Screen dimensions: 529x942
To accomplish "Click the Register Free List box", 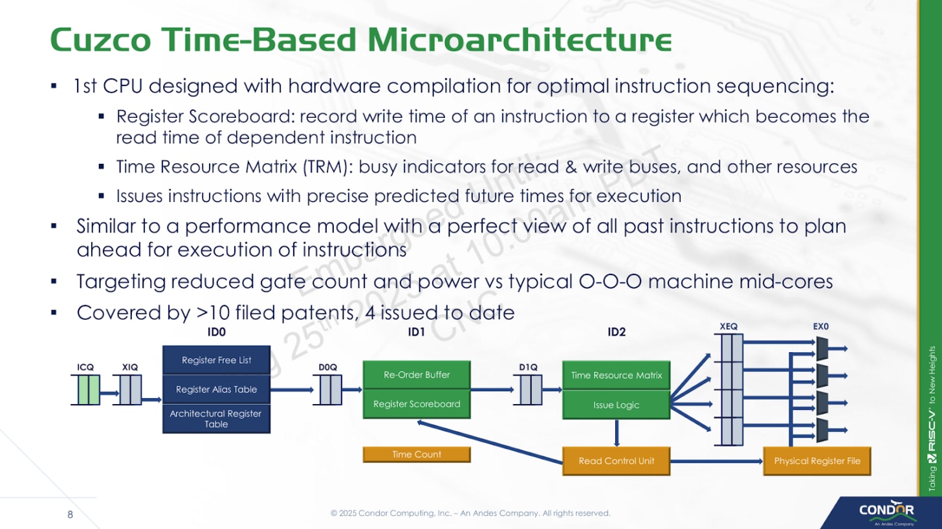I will [x=216, y=360].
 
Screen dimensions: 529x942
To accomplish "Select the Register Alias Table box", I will [x=216, y=389].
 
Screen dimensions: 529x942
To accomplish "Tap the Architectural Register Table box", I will [x=216, y=419].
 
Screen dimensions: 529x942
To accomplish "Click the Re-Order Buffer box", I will [x=417, y=375].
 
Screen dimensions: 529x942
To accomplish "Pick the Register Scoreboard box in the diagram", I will [x=417, y=404].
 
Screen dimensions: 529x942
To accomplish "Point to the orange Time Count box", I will [x=417, y=455].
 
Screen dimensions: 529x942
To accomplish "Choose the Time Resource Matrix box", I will [x=617, y=375].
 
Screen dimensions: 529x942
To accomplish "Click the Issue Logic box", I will [x=617, y=405].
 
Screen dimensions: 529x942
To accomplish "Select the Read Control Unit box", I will [x=617, y=461].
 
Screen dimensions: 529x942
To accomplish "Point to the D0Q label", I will [x=328, y=367].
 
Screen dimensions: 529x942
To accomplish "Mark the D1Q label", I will [x=528, y=367].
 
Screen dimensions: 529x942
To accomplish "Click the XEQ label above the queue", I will [x=729, y=327].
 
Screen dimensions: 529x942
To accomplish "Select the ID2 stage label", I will [x=617, y=333].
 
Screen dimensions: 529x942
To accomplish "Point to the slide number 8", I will [x=71, y=515].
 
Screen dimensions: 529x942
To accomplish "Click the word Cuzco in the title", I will [x=102, y=40].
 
